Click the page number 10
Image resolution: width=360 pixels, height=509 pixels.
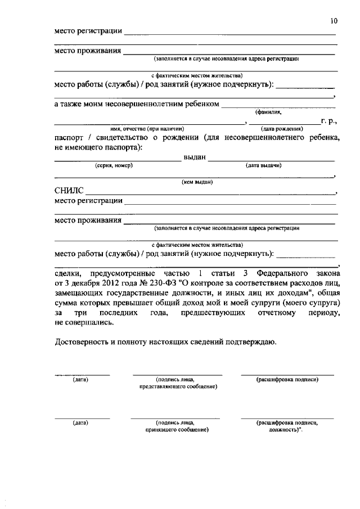coord(334,21)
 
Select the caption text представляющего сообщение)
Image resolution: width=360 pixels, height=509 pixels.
coord(178,387)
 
